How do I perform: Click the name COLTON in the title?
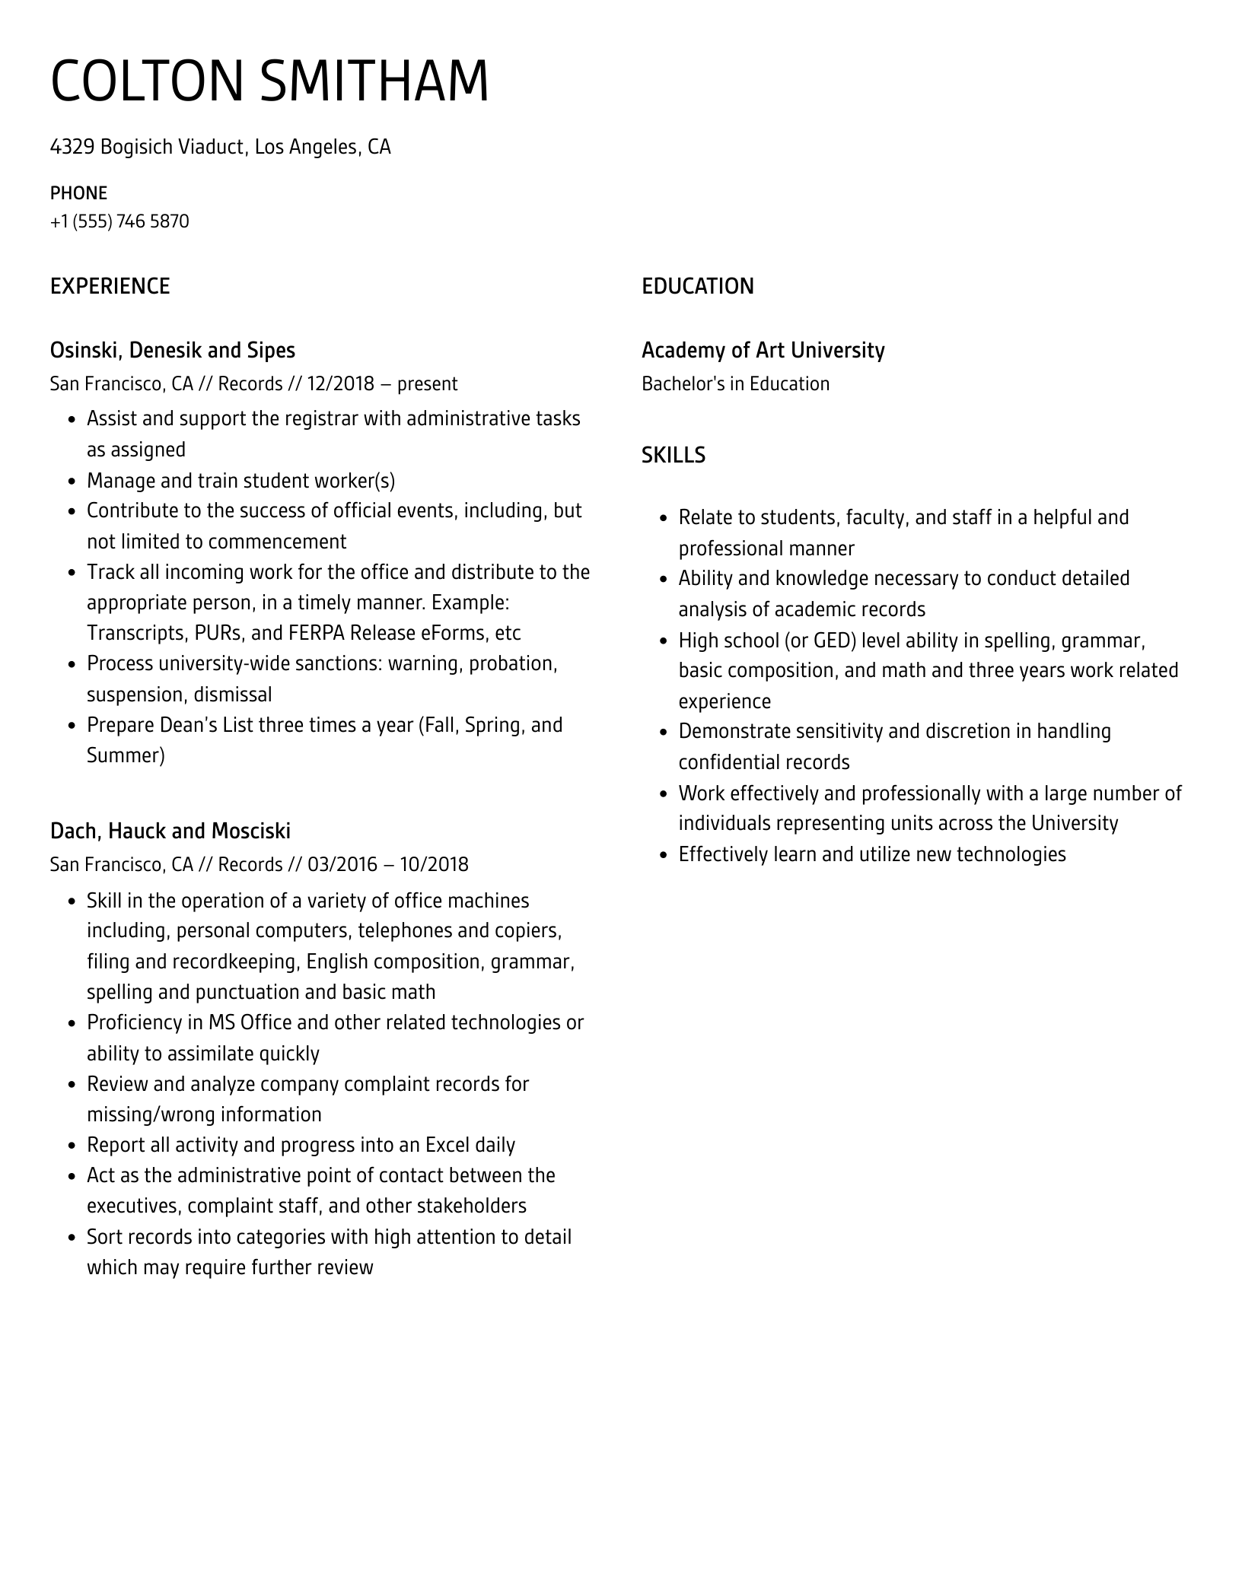pyautogui.click(x=146, y=81)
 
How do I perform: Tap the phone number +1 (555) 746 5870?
pyautogui.click(x=119, y=221)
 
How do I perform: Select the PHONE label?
pyautogui.click(x=78, y=192)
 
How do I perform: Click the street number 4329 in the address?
pyautogui.click(x=72, y=147)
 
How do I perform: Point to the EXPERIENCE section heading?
pyautogui.click(x=110, y=286)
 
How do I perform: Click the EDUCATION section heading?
pyautogui.click(x=697, y=286)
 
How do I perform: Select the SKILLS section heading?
pyautogui.click(x=673, y=455)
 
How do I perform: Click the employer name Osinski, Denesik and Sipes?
pyautogui.click(x=172, y=350)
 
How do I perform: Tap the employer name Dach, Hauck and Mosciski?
pyautogui.click(x=170, y=831)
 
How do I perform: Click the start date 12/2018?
pyautogui.click(x=341, y=383)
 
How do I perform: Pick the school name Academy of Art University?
pyautogui.click(x=763, y=350)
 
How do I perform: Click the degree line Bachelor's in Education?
pyautogui.click(x=735, y=383)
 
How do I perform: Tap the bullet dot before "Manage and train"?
pyautogui.click(x=72, y=482)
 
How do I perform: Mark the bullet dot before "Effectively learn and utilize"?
pyautogui.click(x=664, y=855)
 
